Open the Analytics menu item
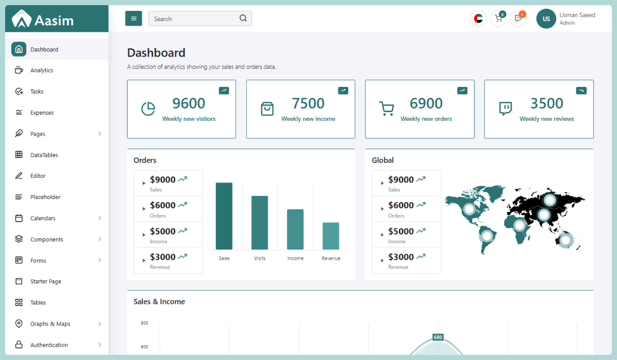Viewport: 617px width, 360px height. pos(42,70)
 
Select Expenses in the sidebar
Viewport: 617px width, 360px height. pos(42,113)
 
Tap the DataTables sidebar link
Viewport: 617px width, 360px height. pos(44,155)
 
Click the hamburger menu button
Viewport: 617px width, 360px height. pos(134,19)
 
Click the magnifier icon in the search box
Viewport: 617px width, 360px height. pos(243,19)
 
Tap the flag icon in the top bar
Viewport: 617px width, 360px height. pos(478,19)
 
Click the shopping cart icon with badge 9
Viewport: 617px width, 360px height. pos(498,19)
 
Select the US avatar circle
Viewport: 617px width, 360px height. pos(546,19)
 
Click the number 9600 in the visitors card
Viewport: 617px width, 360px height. pos(189,104)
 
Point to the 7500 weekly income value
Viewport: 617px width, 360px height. pos(308,104)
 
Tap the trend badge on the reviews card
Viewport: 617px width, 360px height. pos(582,91)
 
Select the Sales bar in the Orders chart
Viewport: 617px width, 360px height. pos(224,216)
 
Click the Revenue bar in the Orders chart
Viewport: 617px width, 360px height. pos(331,236)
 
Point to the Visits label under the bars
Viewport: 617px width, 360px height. pos(260,258)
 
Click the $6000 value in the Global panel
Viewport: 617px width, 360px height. pos(401,205)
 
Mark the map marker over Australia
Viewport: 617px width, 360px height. pos(566,240)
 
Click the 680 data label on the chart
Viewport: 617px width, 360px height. pos(438,337)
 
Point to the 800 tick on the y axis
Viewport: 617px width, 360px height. pos(144,323)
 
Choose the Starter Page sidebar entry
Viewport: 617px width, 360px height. pos(46,281)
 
